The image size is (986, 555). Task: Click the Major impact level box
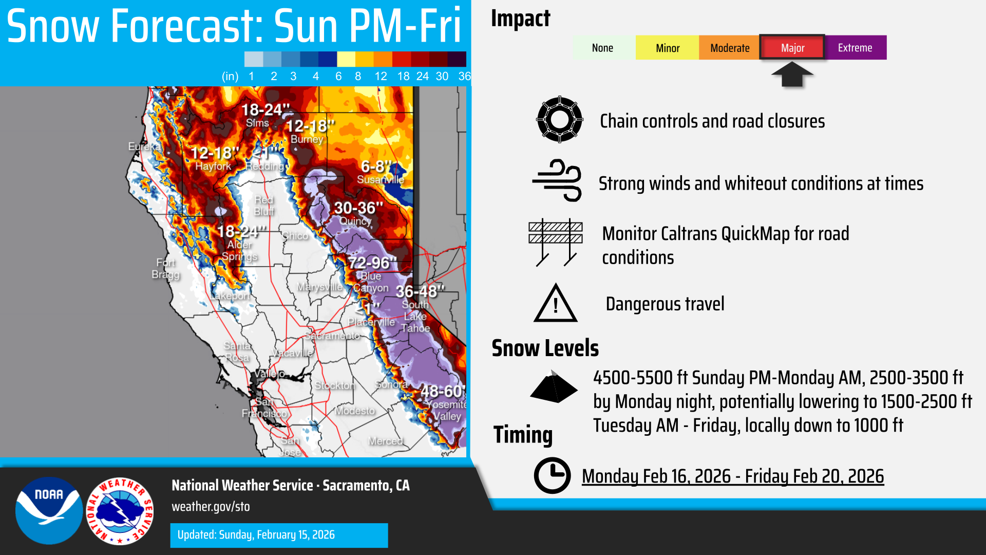(x=792, y=48)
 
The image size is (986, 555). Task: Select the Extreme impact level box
(x=855, y=48)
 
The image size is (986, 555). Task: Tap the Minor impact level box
(x=667, y=48)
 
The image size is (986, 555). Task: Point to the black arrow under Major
(x=792, y=75)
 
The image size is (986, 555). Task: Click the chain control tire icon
(x=559, y=120)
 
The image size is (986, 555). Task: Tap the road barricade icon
(x=556, y=242)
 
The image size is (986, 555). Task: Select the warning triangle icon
(x=556, y=304)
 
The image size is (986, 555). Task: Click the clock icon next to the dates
(x=552, y=475)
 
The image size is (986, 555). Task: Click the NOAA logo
(x=49, y=510)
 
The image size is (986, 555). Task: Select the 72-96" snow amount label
(x=373, y=263)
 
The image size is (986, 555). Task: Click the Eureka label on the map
(x=144, y=146)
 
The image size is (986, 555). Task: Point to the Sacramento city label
(x=332, y=336)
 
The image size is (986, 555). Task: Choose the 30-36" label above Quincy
(x=358, y=208)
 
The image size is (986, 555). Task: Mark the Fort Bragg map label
(x=165, y=269)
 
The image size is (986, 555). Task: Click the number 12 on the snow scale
(x=381, y=77)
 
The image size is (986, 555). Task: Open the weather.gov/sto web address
(x=211, y=507)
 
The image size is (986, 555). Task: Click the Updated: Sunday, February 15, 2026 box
(x=279, y=535)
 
